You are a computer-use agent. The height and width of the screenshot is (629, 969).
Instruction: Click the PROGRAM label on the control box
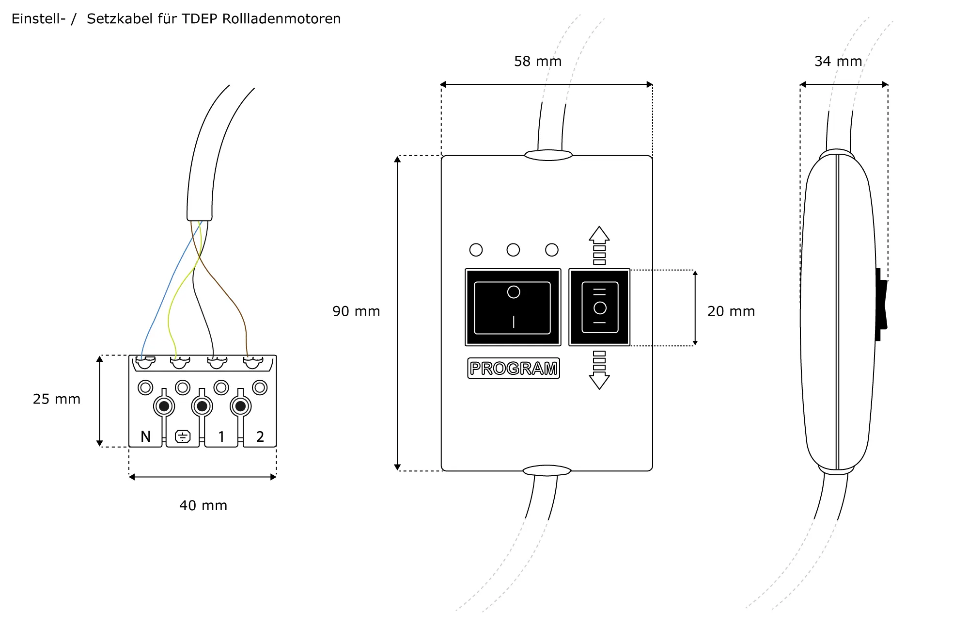[x=514, y=368]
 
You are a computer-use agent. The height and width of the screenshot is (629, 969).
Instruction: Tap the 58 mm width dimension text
[x=538, y=62]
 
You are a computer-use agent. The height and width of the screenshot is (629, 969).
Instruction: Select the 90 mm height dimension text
[x=356, y=311]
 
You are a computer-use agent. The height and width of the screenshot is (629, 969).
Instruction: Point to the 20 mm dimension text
[x=731, y=311]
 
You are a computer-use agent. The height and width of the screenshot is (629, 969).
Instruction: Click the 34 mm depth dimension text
[x=838, y=62]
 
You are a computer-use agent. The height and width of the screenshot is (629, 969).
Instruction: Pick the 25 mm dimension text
[x=57, y=399]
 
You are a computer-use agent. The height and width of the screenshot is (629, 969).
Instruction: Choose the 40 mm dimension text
[x=203, y=505]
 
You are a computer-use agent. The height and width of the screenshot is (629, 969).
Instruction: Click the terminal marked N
[x=145, y=436]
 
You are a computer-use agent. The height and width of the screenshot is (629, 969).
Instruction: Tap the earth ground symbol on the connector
[x=183, y=436]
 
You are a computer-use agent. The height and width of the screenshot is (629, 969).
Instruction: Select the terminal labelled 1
[x=221, y=436]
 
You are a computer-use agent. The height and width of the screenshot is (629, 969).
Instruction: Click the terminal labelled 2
[x=260, y=436]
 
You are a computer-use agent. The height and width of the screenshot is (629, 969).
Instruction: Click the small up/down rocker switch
[x=599, y=307]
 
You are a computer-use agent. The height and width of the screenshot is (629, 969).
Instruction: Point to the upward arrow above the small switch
[x=599, y=235]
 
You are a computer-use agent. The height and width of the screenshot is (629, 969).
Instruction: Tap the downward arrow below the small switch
[x=599, y=380]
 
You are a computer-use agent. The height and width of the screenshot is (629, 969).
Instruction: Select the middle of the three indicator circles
[x=513, y=250]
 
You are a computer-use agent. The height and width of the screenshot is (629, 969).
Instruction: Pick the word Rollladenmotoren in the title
[x=281, y=19]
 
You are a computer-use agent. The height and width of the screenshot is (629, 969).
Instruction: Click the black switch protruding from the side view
[x=881, y=305]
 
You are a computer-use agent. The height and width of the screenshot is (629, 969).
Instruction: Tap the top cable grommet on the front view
[x=548, y=155]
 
